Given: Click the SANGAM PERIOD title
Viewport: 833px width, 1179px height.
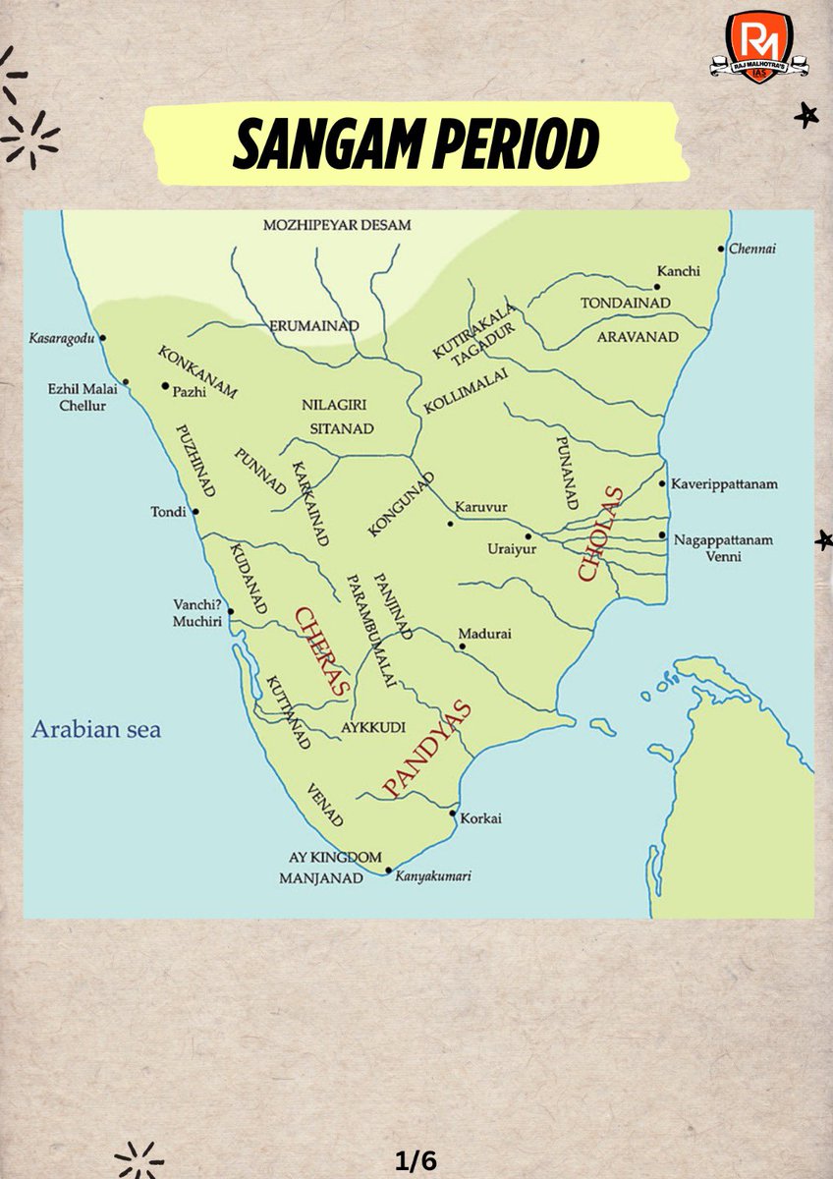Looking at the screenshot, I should pyautogui.click(x=416, y=146).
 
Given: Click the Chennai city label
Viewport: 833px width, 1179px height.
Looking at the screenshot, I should pyautogui.click(x=752, y=249).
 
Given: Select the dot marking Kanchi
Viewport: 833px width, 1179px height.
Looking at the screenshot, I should pyautogui.click(x=657, y=287).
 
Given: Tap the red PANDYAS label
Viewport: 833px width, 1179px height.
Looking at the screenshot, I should pyautogui.click(x=426, y=749).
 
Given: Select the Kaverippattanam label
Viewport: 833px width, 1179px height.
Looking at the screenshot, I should pyautogui.click(x=725, y=484).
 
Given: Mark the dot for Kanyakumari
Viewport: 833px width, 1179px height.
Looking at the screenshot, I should pyautogui.click(x=389, y=870).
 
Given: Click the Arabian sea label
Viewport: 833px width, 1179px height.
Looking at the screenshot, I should pyautogui.click(x=95, y=730).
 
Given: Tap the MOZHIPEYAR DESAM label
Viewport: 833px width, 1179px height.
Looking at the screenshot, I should pyautogui.click(x=337, y=225).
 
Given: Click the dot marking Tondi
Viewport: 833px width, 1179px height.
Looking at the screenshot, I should pyautogui.click(x=195, y=512).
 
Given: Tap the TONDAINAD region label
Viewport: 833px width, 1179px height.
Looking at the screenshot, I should pyautogui.click(x=625, y=303).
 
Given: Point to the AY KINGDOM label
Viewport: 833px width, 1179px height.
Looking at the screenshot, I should pyautogui.click(x=335, y=857).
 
